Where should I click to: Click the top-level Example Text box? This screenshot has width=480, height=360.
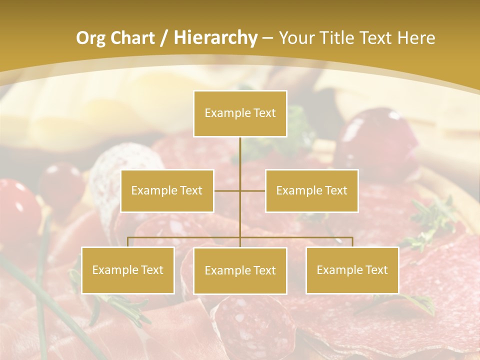pyautogui.click(x=240, y=113)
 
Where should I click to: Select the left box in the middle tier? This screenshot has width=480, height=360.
pyautogui.click(x=167, y=190)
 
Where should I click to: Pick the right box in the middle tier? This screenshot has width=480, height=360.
pyautogui.click(x=311, y=190)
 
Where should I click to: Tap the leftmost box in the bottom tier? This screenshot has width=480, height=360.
pyautogui.click(x=128, y=270)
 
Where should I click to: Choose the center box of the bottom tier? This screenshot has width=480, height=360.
pyautogui.click(x=240, y=270)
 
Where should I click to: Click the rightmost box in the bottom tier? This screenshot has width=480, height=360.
pyautogui.click(x=352, y=270)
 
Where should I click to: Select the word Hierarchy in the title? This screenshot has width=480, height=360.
pyautogui.click(x=215, y=38)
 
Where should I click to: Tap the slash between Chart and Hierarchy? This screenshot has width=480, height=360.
pyautogui.click(x=163, y=38)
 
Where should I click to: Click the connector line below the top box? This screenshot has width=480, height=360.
pyautogui.click(x=240, y=160)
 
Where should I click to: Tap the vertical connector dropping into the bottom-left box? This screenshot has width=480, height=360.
pyautogui.click(x=128, y=242)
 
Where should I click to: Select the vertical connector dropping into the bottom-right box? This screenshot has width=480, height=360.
pyautogui.click(x=352, y=242)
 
